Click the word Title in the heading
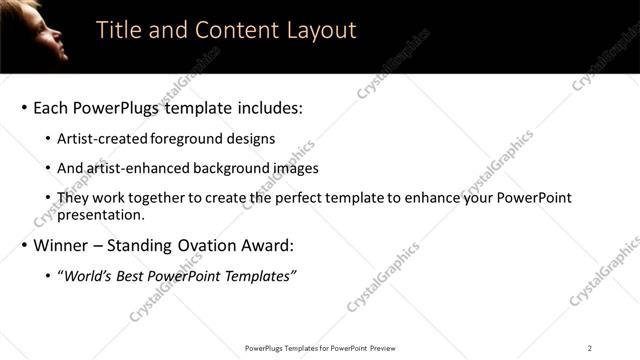pos(119,30)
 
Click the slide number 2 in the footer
pos(590,348)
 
